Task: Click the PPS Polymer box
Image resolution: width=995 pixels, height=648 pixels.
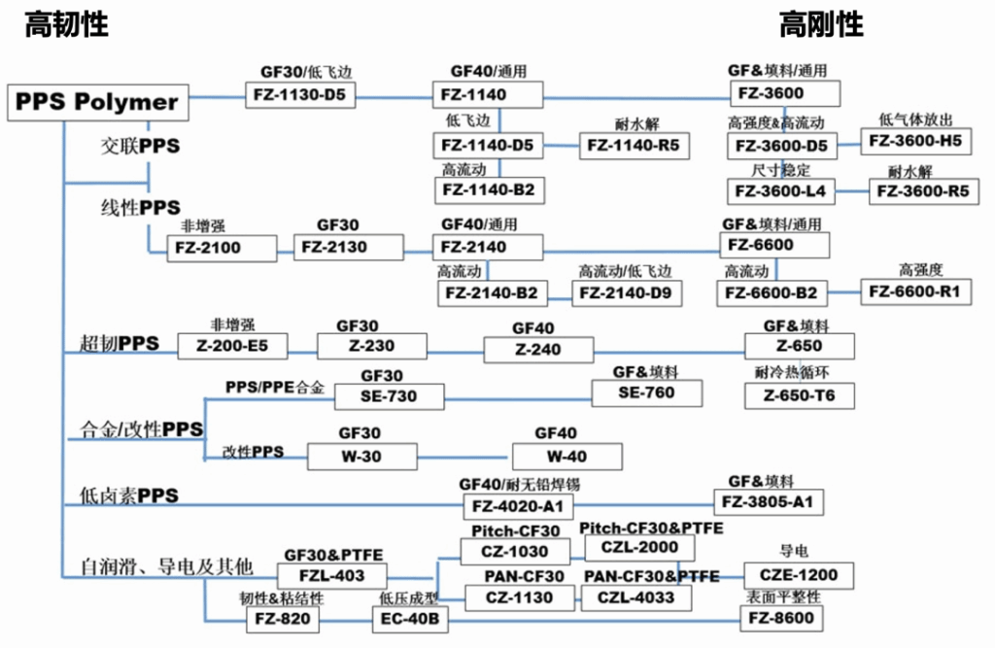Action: point(98,102)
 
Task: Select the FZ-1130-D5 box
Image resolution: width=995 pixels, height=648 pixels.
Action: point(300,94)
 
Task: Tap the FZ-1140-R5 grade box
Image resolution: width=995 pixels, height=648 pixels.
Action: point(634,146)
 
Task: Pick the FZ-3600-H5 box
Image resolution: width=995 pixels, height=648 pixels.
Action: point(915,141)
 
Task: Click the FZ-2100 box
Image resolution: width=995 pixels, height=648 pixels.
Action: point(222,248)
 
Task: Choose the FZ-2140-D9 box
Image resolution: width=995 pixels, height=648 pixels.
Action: point(627,293)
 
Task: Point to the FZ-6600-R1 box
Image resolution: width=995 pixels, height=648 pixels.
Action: point(915,292)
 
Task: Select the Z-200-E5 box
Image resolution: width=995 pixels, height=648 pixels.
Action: point(232,346)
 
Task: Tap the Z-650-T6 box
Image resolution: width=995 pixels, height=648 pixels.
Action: point(800,395)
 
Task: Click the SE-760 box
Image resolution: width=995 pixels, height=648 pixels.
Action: point(646,392)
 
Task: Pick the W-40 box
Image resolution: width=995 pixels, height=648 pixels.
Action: point(567,457)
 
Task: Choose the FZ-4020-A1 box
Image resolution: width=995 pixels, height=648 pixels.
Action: point(519,506)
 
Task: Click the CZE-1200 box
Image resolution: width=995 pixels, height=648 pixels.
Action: point(799,576)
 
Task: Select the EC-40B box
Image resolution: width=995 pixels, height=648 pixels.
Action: point(410,619)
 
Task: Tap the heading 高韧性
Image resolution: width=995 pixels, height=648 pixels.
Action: point(67,24)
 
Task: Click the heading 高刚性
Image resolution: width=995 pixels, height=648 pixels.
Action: point(821,24)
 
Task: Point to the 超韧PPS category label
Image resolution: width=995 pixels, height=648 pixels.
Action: point(120,343)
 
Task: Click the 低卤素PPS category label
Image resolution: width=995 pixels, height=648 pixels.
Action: point(129,495)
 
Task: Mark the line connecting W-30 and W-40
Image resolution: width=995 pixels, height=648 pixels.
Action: point(465,457)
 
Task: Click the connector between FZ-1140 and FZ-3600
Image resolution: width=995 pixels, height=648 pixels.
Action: point(636,98)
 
